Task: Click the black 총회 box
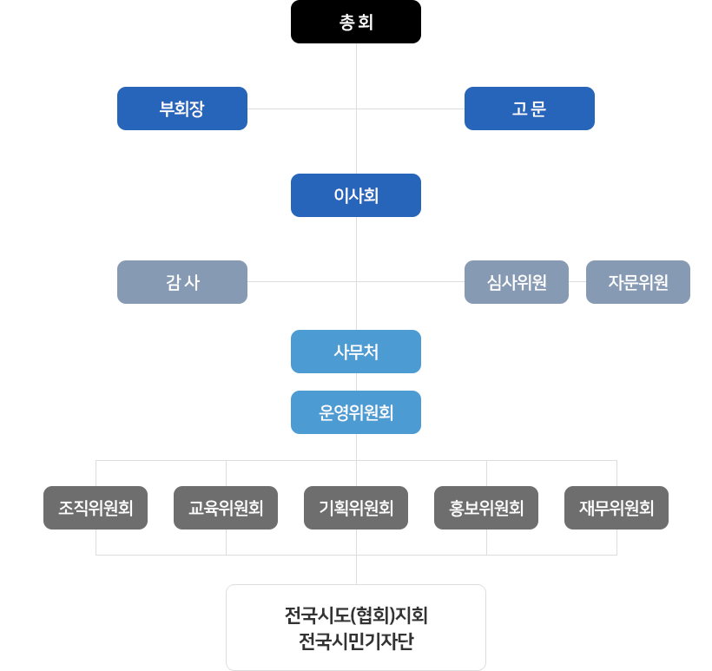click(x=356, y=22)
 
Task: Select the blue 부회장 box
click(x=182, y=109)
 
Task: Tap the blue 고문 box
click(x=530, y=109)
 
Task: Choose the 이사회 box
click(x=356, y=195)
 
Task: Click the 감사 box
click(x=182, y=282)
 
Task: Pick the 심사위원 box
click(x=517, y=282)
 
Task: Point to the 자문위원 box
click(x=637, y=282)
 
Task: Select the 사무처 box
click(x=356, y=352)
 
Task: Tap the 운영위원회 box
click(x=356, y=412)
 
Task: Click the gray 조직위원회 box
click(x=96, y=508)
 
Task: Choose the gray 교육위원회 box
click(x=226, y=508)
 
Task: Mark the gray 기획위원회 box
click(x=356, y=508)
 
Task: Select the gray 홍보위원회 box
click(x=486, y=508)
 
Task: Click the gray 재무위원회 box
click(x=616, y=508)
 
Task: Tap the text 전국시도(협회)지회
click(x=356, y=617)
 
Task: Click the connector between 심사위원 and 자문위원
click(x=577, y=282)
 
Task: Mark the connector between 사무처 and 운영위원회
click(x=356, y=382)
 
